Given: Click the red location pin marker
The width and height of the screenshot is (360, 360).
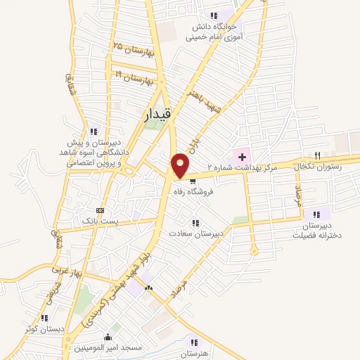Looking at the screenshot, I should (180, 165).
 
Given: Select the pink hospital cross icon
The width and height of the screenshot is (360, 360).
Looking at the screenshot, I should (241, 155).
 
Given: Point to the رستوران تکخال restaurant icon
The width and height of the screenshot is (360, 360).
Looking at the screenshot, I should (318, 155).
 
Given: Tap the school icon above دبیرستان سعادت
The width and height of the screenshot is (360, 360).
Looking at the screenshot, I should (195, 223).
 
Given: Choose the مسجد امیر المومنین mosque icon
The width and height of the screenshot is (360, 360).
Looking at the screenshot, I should (107, 337).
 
